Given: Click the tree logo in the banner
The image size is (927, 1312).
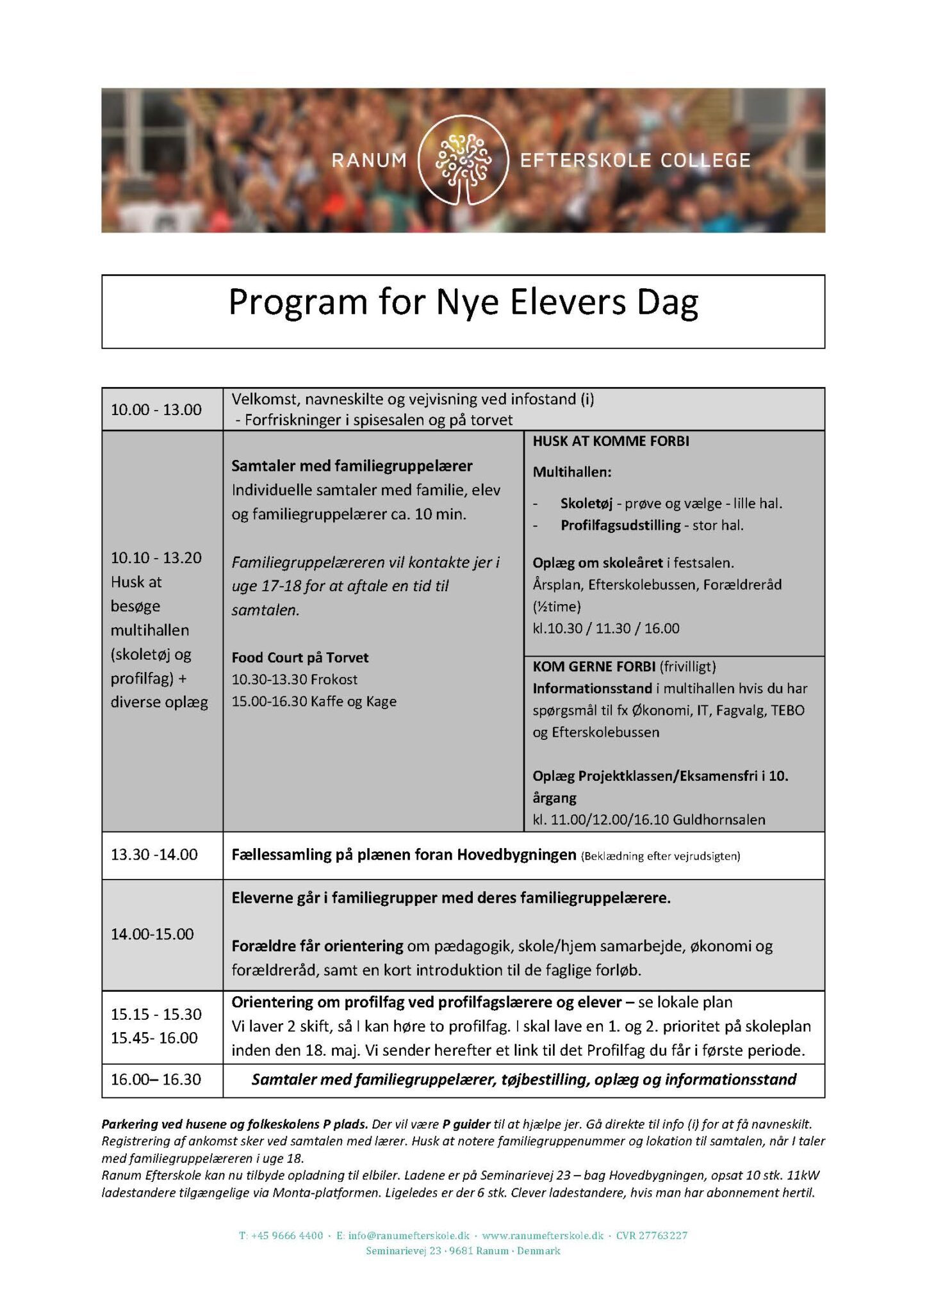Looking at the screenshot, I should (463, 160).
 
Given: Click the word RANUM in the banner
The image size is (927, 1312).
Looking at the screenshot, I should (369, 160).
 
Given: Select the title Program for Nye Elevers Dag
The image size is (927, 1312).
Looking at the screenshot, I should (463, 302).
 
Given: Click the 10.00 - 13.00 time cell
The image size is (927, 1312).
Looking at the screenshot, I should (156, 409).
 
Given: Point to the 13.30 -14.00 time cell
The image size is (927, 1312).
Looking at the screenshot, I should (154, 855).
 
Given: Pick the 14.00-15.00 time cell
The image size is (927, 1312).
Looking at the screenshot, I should (152, 934).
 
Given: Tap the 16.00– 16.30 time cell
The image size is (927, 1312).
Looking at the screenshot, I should (156, 1079).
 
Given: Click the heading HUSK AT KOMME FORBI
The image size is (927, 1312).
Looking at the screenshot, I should (611, 441).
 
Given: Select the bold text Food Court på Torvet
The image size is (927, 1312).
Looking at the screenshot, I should (300, 658).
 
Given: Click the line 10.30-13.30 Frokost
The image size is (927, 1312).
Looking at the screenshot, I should (295, 680).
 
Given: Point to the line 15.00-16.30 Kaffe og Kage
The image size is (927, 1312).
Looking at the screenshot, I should (314, 701).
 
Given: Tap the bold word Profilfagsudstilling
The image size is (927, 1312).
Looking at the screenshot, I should (620, 525).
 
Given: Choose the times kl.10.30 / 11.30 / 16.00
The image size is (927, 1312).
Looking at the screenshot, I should (606, 628).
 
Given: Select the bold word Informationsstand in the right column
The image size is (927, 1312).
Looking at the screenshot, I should (593, 689).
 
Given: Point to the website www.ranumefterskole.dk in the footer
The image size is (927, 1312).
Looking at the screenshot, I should (543, 1236).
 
